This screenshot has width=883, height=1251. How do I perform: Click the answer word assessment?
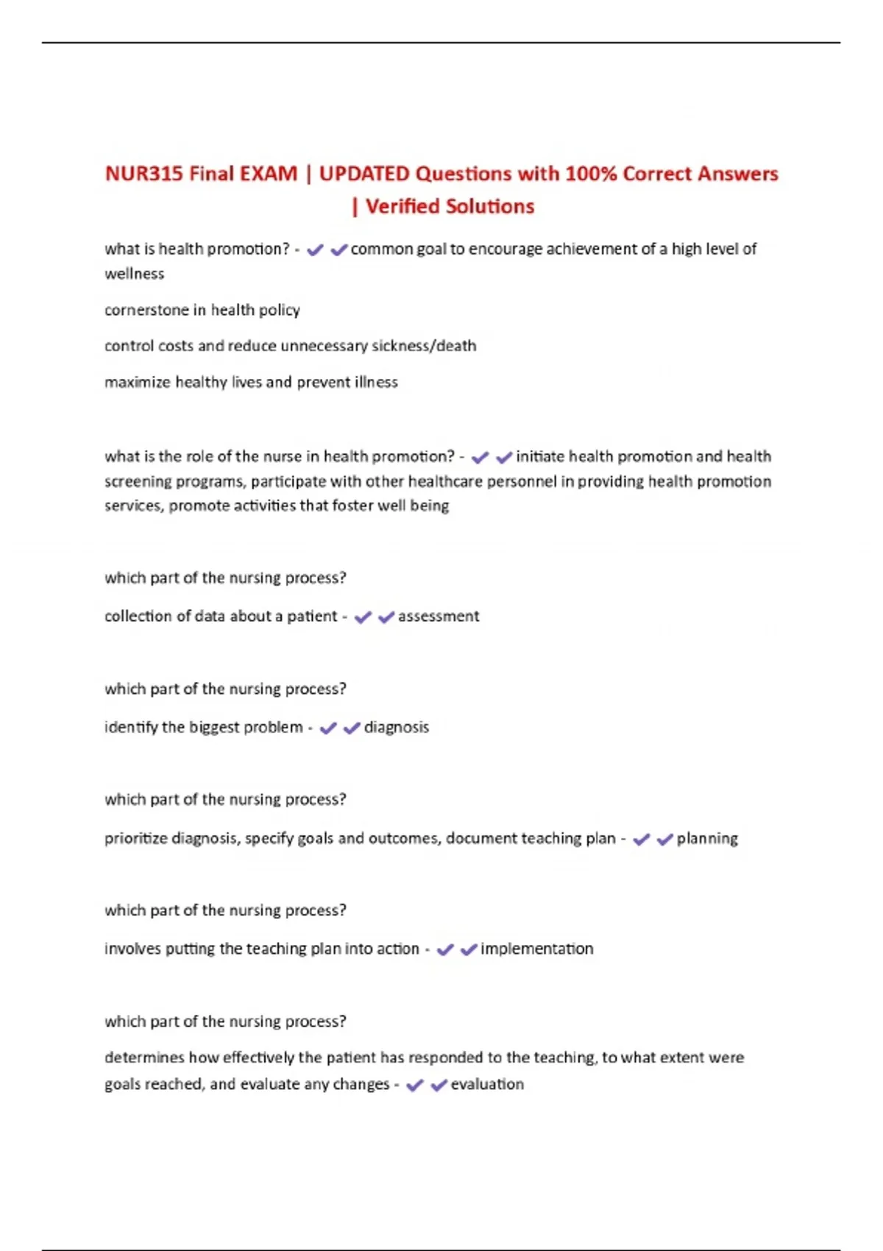pyautogui.click(x=439, y=616)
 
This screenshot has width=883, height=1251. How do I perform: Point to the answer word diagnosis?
pyautogui.click(x=397, y=727)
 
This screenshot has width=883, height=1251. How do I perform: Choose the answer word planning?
pyautogui.click(x=707, y=838)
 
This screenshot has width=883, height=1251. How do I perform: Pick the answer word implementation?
pyautogui.click(x=537, y=949)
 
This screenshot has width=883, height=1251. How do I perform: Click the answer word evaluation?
pyautogui.click(x=487, y=1084)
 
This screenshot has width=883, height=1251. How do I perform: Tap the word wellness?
pyautogui.click(x=135, y=274)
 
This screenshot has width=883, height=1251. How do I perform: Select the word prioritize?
pyautogui.click(x=135, y=838)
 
